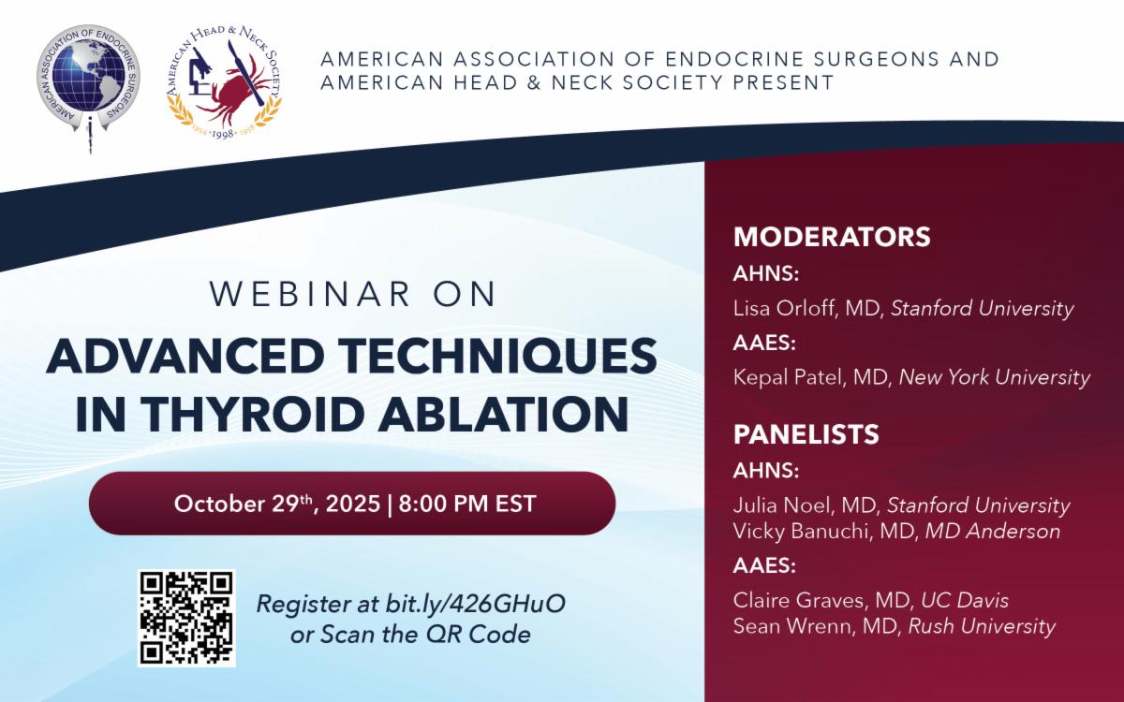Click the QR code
tap(186, 618)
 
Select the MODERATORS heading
tap(832, 237)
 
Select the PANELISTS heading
tap(806, 435)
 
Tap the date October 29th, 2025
tap(276, 504)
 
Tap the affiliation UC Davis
tap(965, 601)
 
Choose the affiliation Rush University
tap(982, 626)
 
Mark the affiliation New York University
tap(995, 378)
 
